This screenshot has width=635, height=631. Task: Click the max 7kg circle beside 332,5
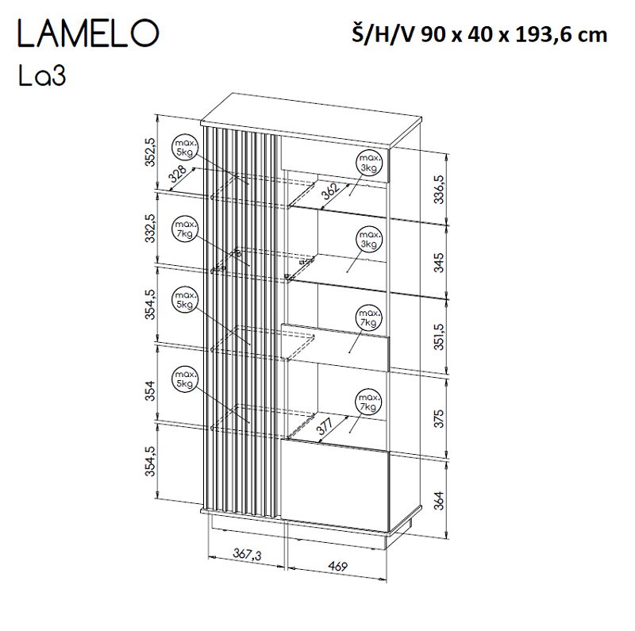(x=184, y=230)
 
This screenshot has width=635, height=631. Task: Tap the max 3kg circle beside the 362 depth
(x=368, y=163)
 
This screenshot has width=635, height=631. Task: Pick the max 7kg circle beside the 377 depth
(x=368, y=402)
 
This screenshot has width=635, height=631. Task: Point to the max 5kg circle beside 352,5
(x=184, y=145)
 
